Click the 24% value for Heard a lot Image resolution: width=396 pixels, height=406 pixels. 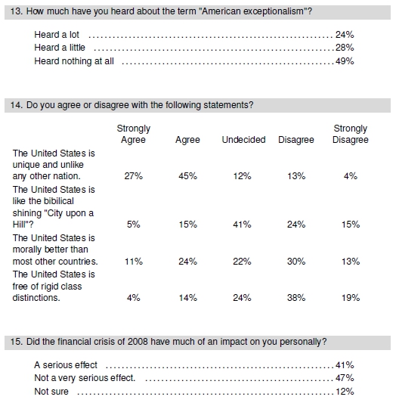[345, 35]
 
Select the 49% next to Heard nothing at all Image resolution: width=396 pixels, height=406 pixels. [345, 61]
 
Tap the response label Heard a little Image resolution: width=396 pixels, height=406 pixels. [60, 48]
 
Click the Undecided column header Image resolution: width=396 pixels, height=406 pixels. [243, 140]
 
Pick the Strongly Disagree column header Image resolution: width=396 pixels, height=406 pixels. [351, 134]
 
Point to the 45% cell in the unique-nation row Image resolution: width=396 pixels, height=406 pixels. [187, 176]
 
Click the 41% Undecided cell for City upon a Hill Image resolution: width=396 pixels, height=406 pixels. [242, 225]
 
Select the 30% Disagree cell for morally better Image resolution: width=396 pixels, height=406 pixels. [296, 262]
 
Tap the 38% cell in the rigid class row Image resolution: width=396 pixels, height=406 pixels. [296, 298]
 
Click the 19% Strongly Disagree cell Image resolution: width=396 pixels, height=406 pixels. [351, 298]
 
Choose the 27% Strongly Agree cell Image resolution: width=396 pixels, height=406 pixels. [133, 176]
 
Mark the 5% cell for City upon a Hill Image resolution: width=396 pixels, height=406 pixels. [133, 225]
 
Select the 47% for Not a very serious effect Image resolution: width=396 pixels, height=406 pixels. [345, 378]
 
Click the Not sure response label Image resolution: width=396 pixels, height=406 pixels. [51, 392]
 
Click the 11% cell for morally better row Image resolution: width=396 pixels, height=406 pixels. [133, 262]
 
